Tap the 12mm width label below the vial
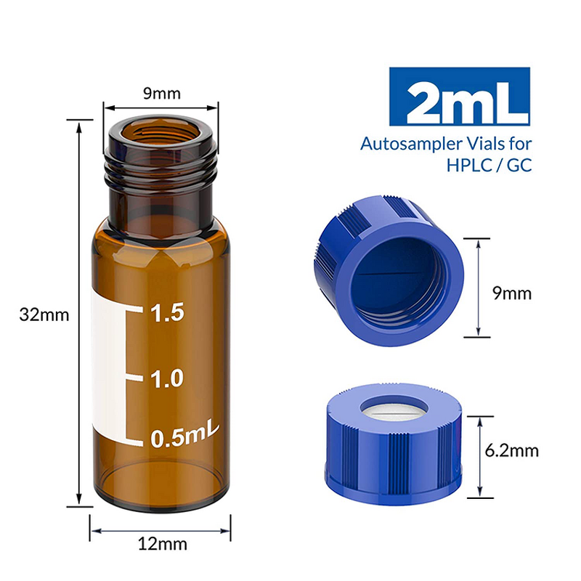coord(161,543)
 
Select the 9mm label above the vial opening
coord(161,92)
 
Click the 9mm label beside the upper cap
coord(512,294)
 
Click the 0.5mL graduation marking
coord(182,437)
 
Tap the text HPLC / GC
coord(489,166)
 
